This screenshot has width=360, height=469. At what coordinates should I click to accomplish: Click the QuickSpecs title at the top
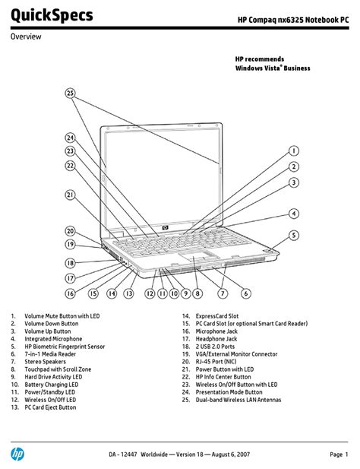[x=52, y=15]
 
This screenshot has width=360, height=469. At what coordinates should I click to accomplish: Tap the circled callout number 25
[x=70, y=93]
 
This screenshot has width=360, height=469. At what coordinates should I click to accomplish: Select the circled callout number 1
[x=294, y=151]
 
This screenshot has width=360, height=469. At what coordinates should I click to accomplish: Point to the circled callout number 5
[x=294, y=235]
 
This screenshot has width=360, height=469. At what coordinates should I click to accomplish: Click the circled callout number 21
[x=70, y=195]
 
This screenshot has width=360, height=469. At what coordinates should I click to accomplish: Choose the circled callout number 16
[x=70, y=293]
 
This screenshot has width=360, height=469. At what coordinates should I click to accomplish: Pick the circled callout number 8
[x=197, y=293]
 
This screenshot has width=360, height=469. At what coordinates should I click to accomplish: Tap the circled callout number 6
[x=246, y=293]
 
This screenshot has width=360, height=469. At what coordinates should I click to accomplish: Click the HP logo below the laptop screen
[x=166, y=228]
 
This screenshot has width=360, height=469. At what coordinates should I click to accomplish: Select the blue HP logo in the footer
[x=17, y=455]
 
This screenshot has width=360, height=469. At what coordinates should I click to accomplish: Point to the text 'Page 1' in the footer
[x=339, y=455]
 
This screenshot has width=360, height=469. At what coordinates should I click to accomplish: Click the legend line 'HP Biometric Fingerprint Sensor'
[x=65, y=347]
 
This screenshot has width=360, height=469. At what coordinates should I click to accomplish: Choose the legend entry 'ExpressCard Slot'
[x=217, y=316]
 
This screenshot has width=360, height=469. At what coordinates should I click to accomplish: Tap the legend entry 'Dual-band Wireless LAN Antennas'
[x=238, y=400]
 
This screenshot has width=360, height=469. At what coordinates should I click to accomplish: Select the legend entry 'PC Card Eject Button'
[x=50, y=407]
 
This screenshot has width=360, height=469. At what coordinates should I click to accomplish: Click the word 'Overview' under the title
[x=26, y=36]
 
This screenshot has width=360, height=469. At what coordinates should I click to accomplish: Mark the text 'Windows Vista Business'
[x=273, y=68]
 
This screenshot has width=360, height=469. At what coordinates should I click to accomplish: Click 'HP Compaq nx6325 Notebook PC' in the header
[x=293, y=20]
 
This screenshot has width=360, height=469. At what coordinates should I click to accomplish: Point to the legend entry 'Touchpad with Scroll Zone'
[x=58, y=369]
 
